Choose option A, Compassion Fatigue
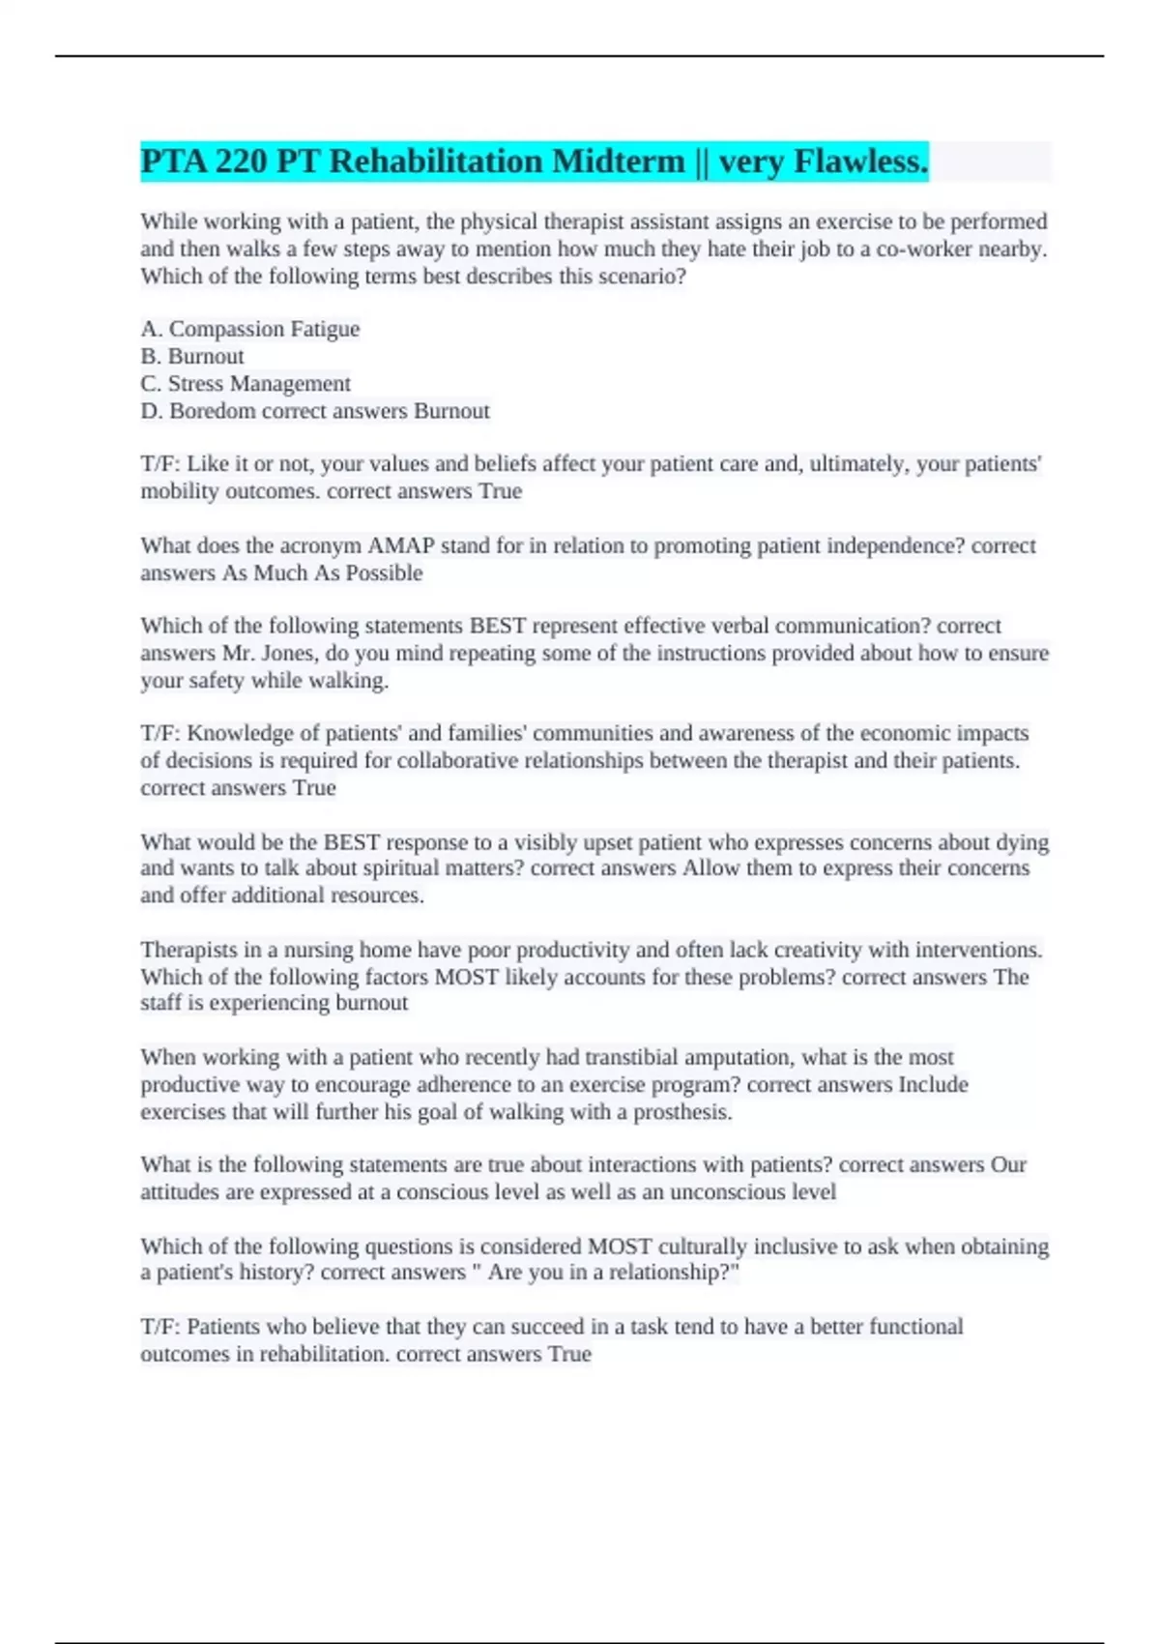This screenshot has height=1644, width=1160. pyautogui.click(x=250, y=329)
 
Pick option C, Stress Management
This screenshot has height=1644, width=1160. pyautogui.click(x=246, y=384)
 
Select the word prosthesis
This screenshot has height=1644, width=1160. pyautogui.click(x=681, y=1112)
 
